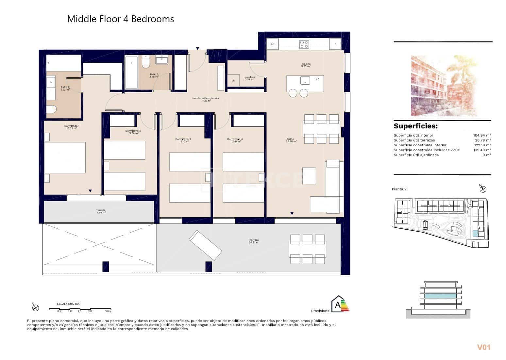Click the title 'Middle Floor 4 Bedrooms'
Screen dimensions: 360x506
point(120,19)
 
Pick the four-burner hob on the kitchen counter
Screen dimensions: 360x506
point(304,44)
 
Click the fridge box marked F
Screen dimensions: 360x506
point(335,44)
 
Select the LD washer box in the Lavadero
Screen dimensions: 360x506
point(233,81)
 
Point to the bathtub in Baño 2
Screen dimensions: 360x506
point(131,72)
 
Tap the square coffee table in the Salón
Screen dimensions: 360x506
point(309,176)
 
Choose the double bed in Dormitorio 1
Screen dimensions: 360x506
point(65,157)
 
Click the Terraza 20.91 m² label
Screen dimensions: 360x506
point(254,241)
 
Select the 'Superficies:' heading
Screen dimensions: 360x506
point(415,126)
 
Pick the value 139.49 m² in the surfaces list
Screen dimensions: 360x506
point(482,150)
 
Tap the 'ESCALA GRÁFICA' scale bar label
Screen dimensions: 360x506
point(68,304)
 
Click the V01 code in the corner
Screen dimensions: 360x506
point(484,348)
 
